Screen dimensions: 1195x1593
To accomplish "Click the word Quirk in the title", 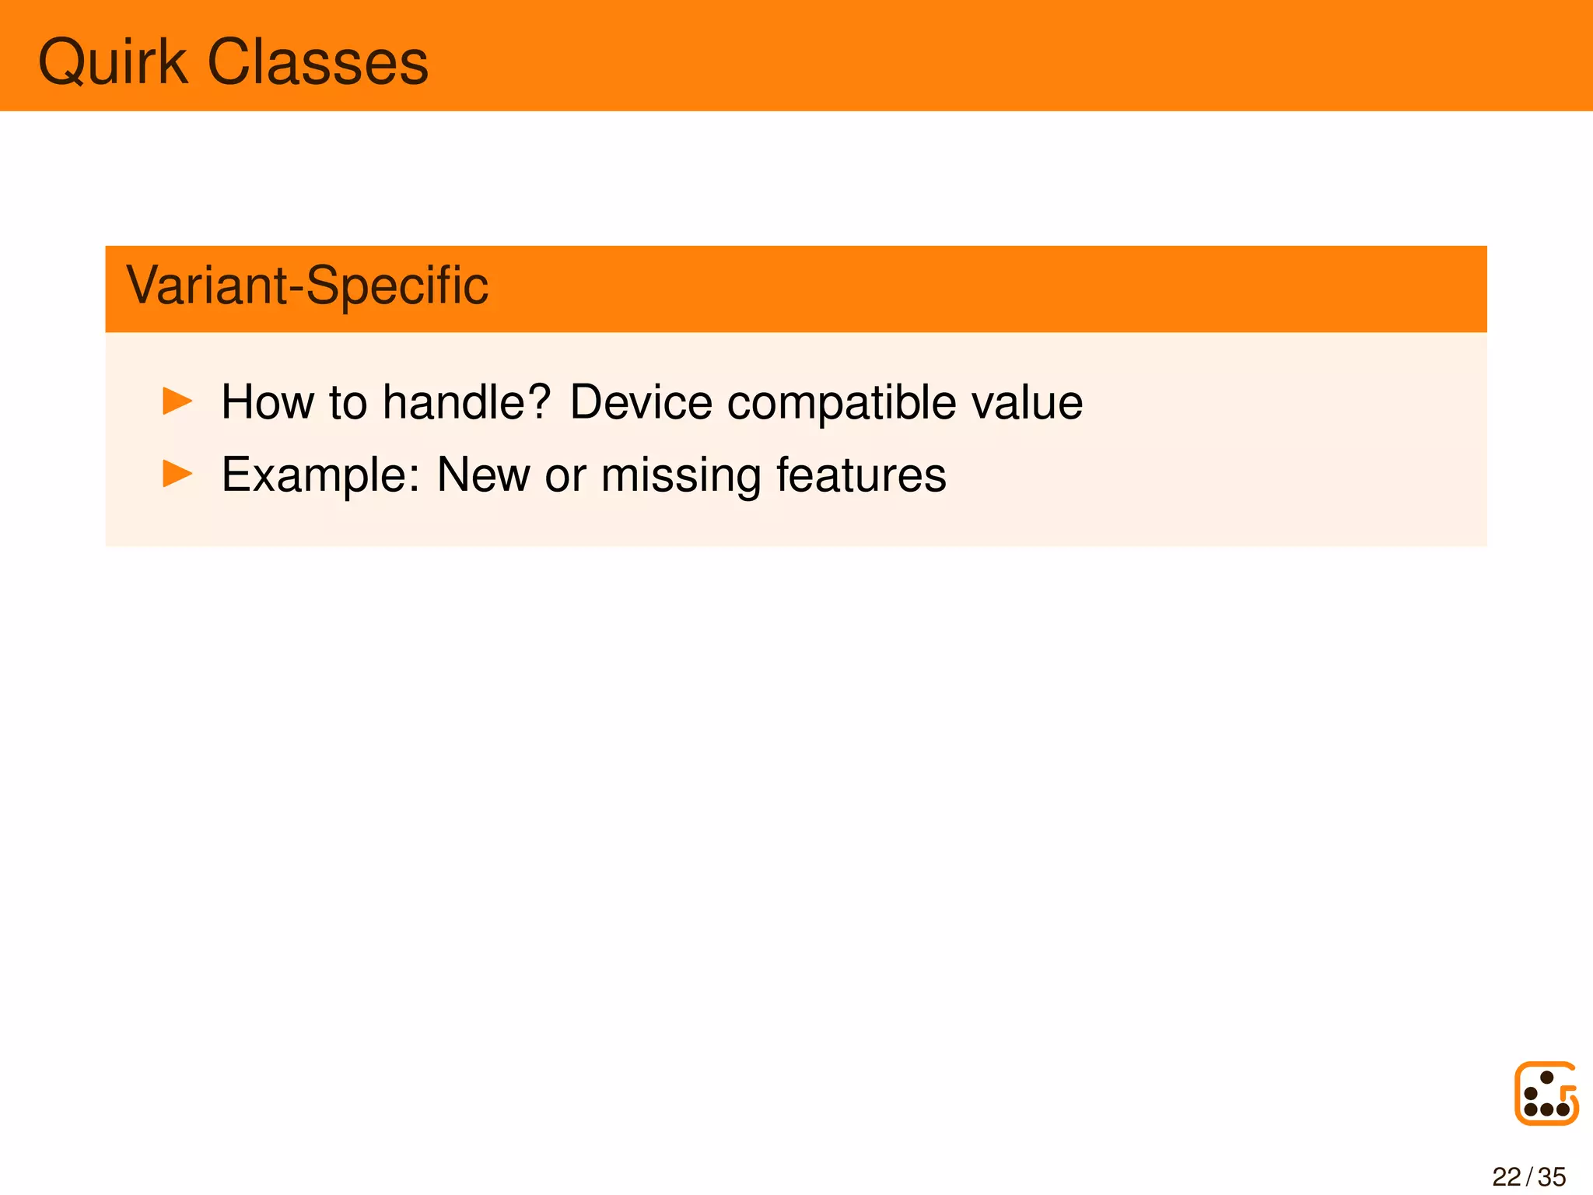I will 113,62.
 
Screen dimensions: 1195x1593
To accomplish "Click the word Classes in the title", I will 318,62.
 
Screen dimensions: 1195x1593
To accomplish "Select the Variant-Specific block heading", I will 307,286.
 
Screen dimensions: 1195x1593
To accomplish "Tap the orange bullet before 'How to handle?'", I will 177,401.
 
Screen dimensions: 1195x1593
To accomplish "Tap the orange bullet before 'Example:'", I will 177,474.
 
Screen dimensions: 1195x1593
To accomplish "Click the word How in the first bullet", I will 268,402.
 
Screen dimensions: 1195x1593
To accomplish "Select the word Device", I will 641,402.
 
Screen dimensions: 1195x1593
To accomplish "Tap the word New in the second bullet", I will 483,475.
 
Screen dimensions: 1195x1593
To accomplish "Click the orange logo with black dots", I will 1546,1093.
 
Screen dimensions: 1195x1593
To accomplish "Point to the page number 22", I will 1506,1176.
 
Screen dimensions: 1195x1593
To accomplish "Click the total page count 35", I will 1553,1176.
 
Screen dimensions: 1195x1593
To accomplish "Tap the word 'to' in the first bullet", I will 348,403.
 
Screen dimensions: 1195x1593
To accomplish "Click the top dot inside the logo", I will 1547,1078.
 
